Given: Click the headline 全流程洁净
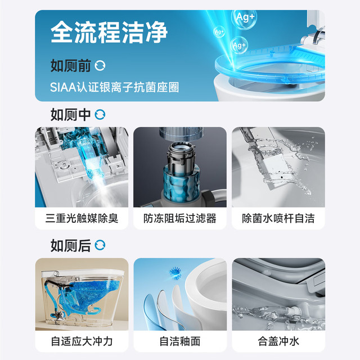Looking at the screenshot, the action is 109,32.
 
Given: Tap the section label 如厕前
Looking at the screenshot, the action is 71,66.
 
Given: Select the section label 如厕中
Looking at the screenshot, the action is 71,115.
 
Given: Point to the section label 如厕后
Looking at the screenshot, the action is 71,245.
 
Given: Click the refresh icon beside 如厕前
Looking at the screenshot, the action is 100,66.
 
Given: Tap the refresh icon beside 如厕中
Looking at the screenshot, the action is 100,114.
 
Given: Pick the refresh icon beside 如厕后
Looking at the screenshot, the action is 100,245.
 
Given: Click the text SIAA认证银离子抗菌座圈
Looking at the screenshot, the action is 114,87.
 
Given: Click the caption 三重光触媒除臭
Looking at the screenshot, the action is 82,218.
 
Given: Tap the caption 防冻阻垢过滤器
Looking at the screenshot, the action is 180,218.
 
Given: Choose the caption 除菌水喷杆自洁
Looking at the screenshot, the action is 278,218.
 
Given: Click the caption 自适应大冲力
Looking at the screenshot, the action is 82,341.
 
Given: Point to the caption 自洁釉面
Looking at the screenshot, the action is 180,341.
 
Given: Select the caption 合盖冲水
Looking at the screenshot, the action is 278,341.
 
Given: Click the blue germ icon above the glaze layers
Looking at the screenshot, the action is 175,273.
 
